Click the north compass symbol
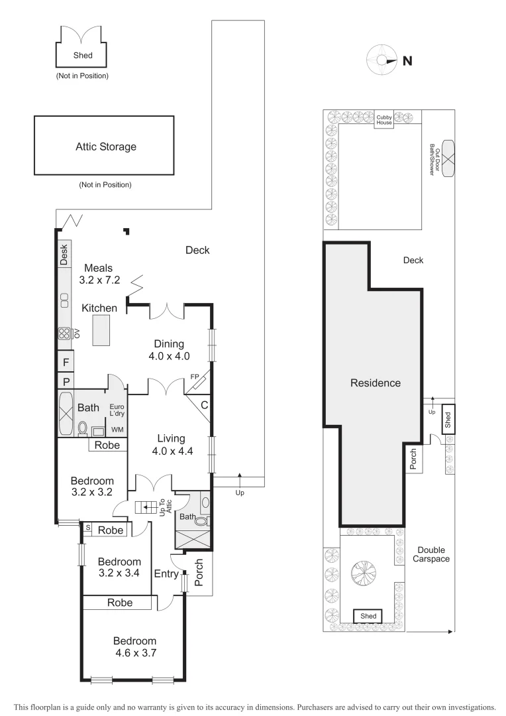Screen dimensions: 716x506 (382, 61)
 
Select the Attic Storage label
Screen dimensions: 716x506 (105, 147)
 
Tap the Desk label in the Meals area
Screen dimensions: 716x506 (64, 255)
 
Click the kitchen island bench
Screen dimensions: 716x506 (101, 330)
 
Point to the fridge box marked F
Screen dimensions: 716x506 (66, 362)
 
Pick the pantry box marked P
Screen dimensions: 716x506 (66, 381)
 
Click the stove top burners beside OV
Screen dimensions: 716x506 (64, 334)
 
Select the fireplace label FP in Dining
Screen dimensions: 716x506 (194, 377)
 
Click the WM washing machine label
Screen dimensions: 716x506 (117, 430)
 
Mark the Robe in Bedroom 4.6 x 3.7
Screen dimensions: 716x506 (119, 603)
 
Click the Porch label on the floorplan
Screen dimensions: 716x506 (199, 571)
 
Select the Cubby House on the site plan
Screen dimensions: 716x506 (384, 119)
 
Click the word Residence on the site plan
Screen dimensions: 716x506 (375, 383)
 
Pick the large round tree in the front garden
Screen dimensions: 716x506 (362, 573)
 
